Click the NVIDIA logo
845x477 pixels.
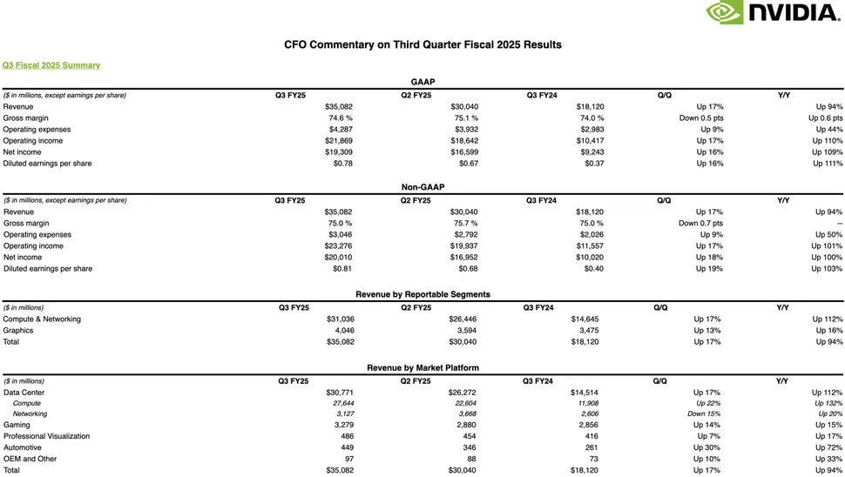coord(773,12)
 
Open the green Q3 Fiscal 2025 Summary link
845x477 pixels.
coord(51,65)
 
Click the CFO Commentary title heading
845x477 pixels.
coord(422,44)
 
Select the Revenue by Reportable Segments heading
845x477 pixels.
coord(422,294)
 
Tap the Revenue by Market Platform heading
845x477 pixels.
coord(422,368)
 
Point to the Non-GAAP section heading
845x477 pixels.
coord(422,187)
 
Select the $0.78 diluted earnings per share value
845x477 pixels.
coord(342,163)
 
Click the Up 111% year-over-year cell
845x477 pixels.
coord(828,163)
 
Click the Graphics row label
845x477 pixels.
coord(18,330)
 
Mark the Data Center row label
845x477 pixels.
coord(24,393)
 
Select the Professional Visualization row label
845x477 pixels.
coord(46,436)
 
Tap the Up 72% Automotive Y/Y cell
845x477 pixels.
coord(828,447)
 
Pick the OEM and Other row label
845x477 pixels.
coord(30,459)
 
